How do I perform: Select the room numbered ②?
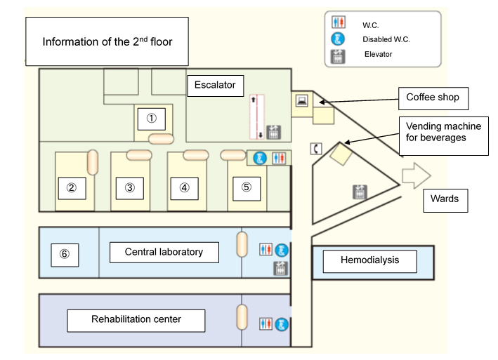pos(71,188)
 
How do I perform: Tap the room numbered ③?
pos(129,188)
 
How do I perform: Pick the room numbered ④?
pos(184,187)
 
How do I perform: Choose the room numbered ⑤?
pos(246,187)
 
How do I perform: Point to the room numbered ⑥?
pos(65,254)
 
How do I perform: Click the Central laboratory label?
pos(164,252)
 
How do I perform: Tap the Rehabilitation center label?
pos(136,320)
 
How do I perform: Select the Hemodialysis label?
pos(369,260)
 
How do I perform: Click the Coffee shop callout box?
pos(433,98)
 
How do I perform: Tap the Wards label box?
pos(444,199)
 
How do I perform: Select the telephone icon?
pos(316,148)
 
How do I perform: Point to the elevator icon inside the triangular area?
pos(360,190)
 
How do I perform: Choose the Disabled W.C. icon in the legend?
pos(338,39)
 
